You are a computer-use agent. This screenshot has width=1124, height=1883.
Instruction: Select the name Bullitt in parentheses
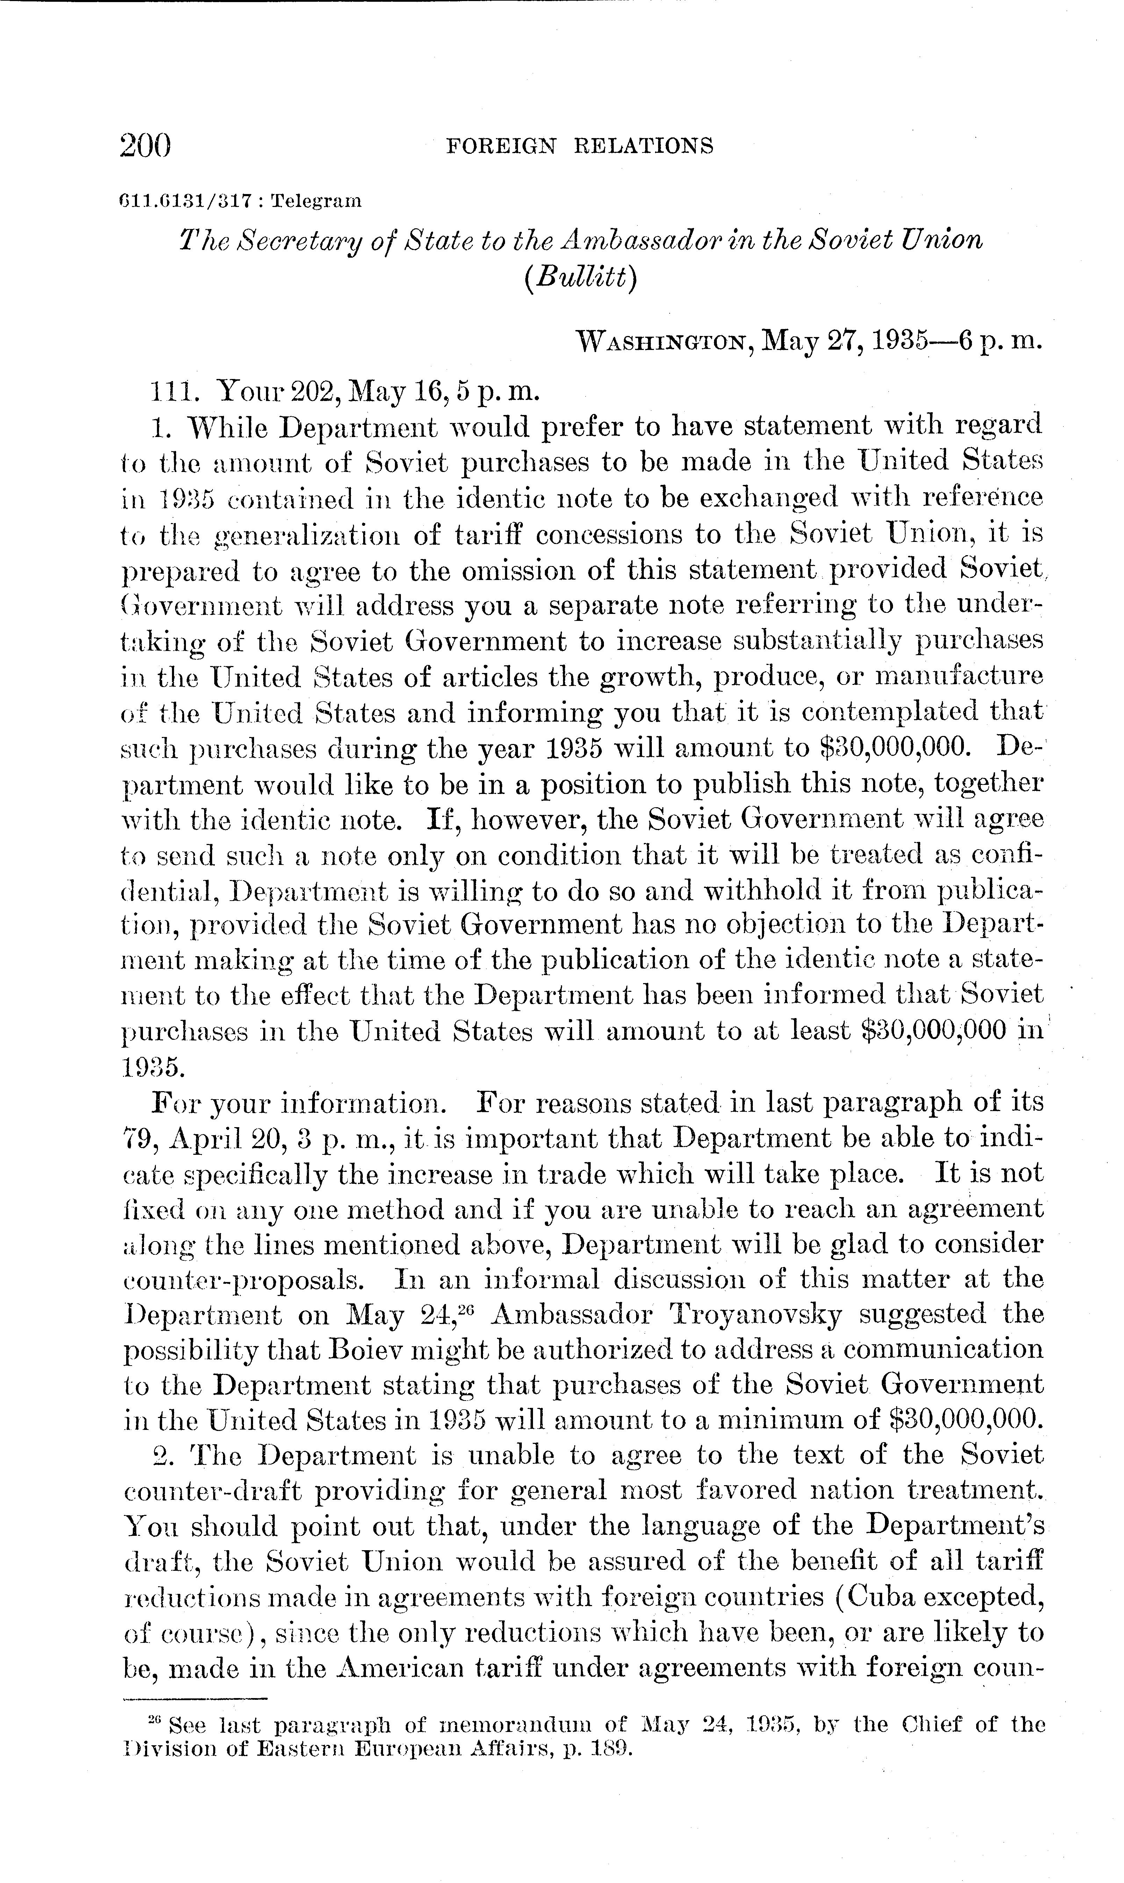click(x=579, y=277)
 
